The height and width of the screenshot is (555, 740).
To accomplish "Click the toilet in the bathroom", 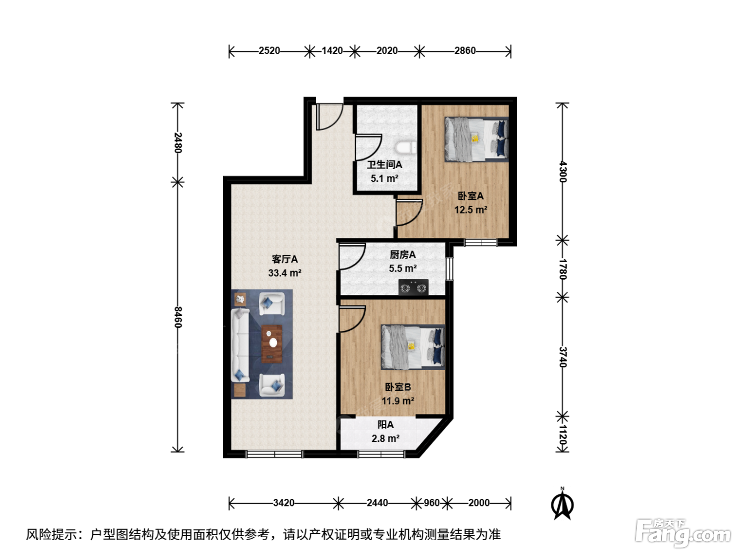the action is pos(405,147).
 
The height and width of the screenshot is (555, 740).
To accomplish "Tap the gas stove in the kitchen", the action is pos(413,288).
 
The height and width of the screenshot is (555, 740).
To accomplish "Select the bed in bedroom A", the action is pos(476,140).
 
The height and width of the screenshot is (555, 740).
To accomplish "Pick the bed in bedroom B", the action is pos(413,347).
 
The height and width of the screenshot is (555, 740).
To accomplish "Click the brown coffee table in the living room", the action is pos(272,344).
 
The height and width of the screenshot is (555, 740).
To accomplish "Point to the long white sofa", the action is pos(240,346).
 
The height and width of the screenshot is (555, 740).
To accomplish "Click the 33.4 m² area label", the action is pos(284,273).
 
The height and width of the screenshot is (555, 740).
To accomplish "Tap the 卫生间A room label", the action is pos(384,165).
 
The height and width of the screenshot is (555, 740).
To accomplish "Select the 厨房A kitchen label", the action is pos(403,255).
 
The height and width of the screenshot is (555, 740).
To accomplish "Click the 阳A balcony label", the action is pos(385,424).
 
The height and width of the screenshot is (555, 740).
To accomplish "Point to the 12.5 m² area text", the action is pos(470,210).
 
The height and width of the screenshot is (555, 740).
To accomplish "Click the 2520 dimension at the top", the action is pos(270,51).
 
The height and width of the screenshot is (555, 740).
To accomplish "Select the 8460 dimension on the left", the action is pos(178,318).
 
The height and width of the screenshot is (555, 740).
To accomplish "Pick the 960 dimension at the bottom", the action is pos(431,503).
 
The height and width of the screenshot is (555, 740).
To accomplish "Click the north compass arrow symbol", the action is pos(562,504).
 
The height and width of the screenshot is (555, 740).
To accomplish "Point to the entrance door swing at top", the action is pos(330,117).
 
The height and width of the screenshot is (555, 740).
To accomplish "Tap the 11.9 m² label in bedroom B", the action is pos(398,401).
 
